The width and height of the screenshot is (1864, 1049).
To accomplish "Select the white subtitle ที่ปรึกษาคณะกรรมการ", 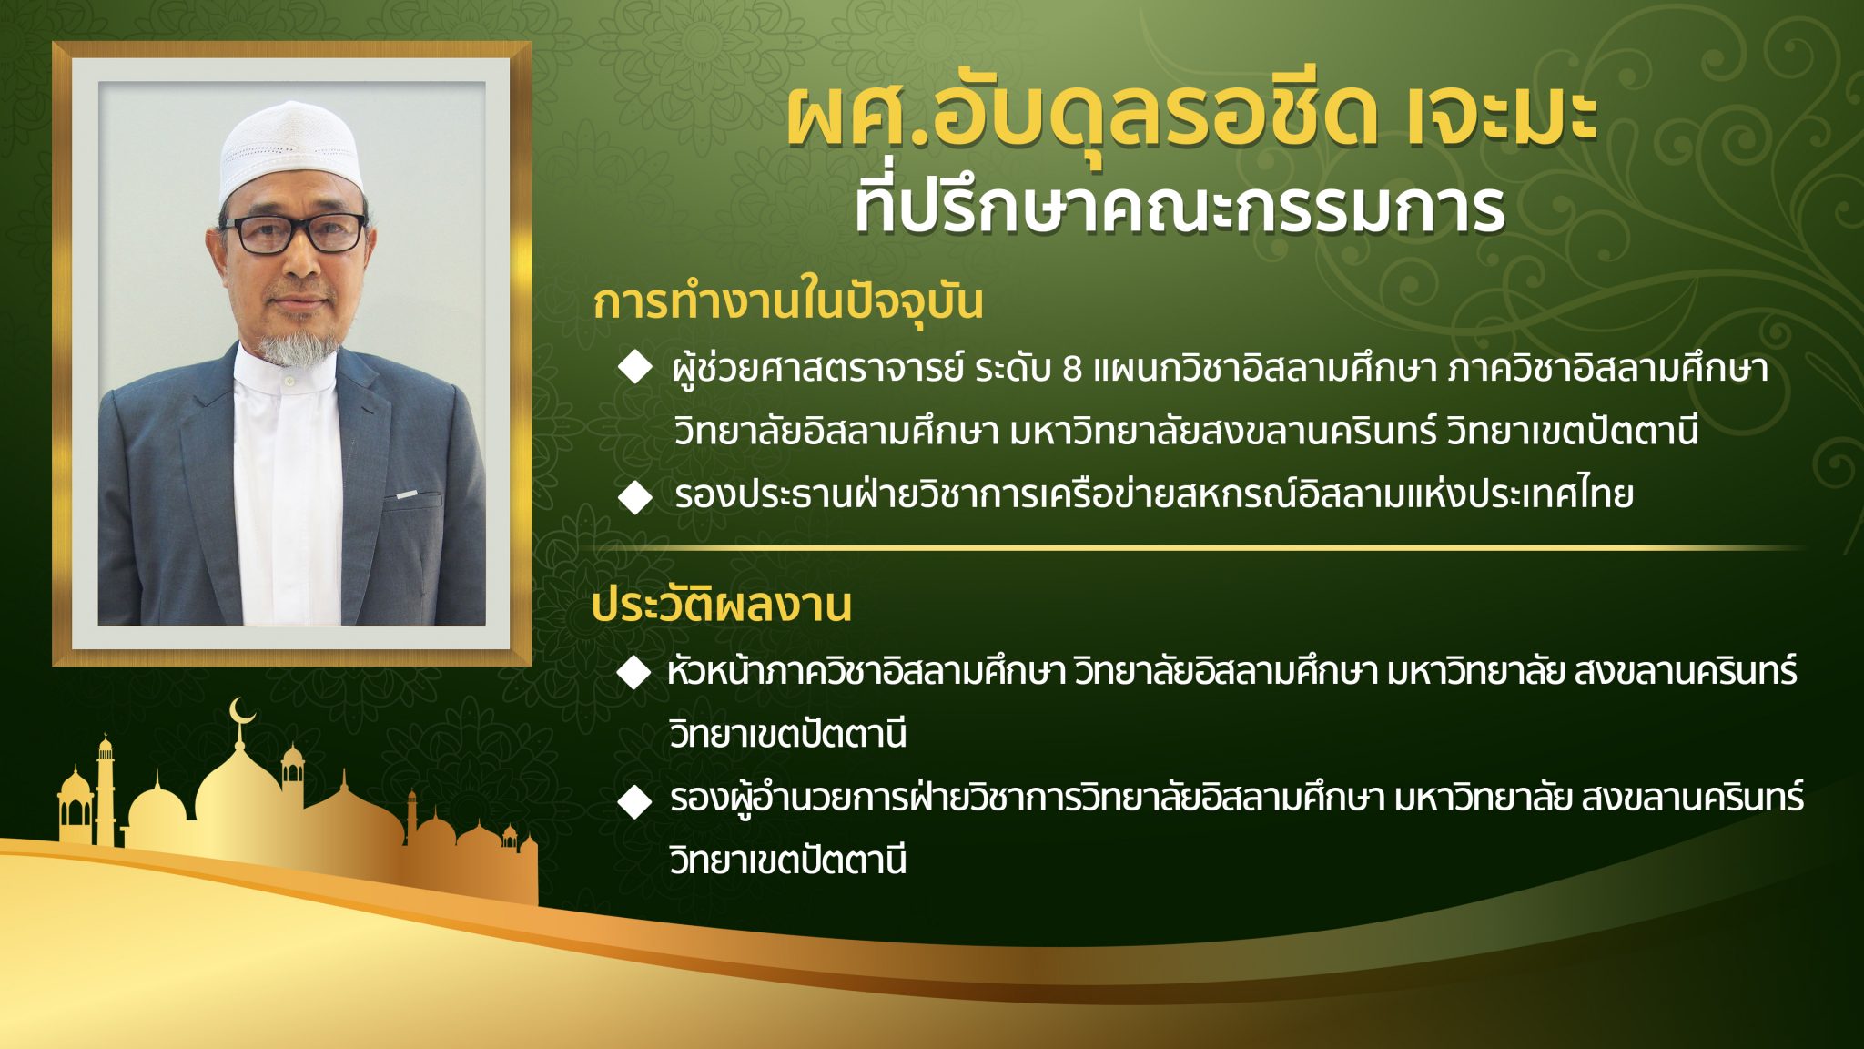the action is tap(1179, 208).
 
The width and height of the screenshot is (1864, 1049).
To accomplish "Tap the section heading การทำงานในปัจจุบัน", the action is tap(788, 301).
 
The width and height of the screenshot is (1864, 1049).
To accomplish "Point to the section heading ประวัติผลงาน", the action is tap(721, 604).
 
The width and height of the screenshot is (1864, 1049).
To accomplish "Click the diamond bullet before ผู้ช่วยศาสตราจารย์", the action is tap(634, 367).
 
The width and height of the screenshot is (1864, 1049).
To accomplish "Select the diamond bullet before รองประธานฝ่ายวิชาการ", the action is tap(634, 497).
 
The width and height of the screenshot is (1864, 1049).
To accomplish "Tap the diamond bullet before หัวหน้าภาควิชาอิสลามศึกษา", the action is tap(633, 674).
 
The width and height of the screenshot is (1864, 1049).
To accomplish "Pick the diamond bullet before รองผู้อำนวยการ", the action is tap(634, 800).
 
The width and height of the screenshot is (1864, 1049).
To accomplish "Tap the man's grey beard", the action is tap(294, 347).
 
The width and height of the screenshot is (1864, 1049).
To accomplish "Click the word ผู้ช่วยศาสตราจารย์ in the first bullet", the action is tap(817, 369).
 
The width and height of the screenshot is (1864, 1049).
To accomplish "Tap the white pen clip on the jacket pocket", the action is tap(407, 494).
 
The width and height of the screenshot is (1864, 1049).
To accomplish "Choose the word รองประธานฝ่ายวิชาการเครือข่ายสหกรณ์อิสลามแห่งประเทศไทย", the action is tap(1154, 494).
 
